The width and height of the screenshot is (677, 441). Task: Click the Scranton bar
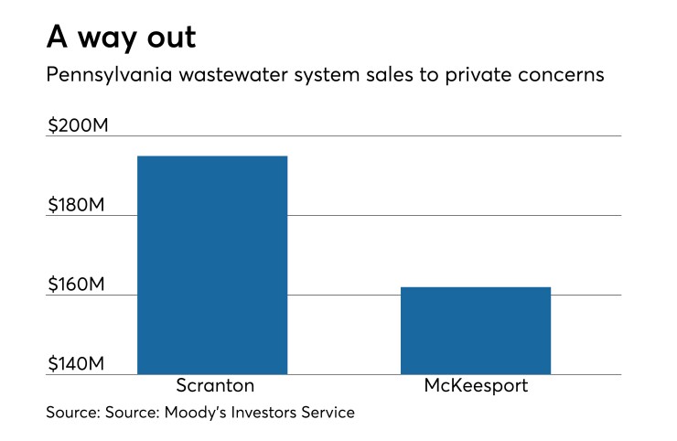(212, 265)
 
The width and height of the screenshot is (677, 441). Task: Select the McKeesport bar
(476, 330)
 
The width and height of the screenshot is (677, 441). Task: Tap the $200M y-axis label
(78, 125)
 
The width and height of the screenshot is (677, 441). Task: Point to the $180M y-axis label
(78, 205)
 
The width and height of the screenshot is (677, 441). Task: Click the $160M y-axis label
(78, 285)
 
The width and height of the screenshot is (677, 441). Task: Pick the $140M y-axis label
(78, 364)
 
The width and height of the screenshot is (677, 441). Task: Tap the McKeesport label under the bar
(476, 386)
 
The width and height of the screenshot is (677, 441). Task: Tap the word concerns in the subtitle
(564, 76)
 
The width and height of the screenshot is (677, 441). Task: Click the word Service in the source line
(329, 414)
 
